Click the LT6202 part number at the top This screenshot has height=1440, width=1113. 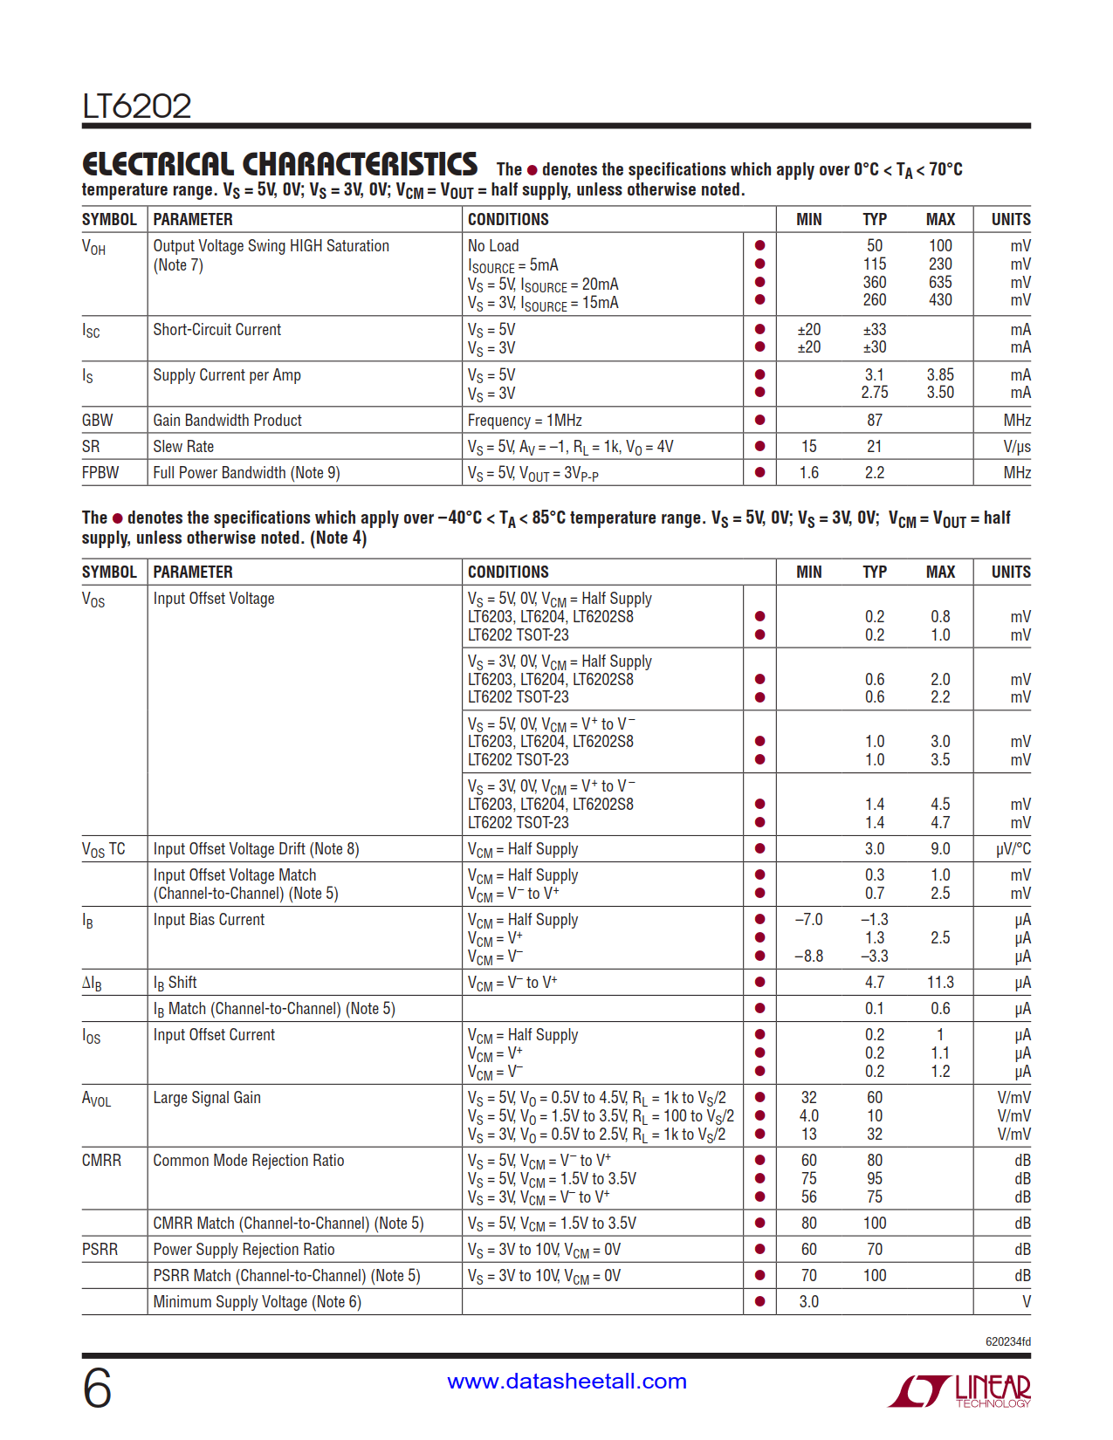pyautogui.click(x=137, y=106)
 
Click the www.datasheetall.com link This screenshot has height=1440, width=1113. pyautogui.click(x=567, y=1382)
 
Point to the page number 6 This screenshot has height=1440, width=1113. pyautogui.click(x=97, y=1389)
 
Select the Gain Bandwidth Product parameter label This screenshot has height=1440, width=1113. pyautogui.click(x=227, y=421)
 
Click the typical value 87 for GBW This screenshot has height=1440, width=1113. pyautogui.click(x=874, y=421)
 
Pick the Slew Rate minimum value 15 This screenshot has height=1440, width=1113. pyautogui.click(x=808, y=447)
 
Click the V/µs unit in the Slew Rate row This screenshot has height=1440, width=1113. pyautogui.click(x=1016, y=447)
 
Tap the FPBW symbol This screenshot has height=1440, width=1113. pyautogui.click(x=100, y=473)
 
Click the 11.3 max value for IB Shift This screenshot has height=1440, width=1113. pyautogui.click(x=939, y=983)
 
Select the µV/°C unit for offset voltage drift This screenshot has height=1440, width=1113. pyautogui.click(x=1013, y=849)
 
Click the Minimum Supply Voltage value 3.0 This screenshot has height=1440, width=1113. pyautogui.click(x=808, y=1302)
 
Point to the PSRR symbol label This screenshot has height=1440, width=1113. pyautogui.click(x=100, y=1250)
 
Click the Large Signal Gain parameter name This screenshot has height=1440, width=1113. pyautogui.click(x=207, y=1098)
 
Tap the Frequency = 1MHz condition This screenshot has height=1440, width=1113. pyautogui.click(x=525, y=421)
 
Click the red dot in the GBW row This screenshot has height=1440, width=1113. pyautogui.click(x=759, y=421)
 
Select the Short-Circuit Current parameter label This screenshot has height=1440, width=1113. pyautogui.click(x=217, y=330)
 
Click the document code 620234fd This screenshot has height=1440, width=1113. pyautogui.click(x=1007, y=1342)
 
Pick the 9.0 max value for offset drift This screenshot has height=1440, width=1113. pyautogui.click(x=939, y=849)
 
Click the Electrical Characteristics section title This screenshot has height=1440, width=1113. pyautogui.click(x=279, y=165)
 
